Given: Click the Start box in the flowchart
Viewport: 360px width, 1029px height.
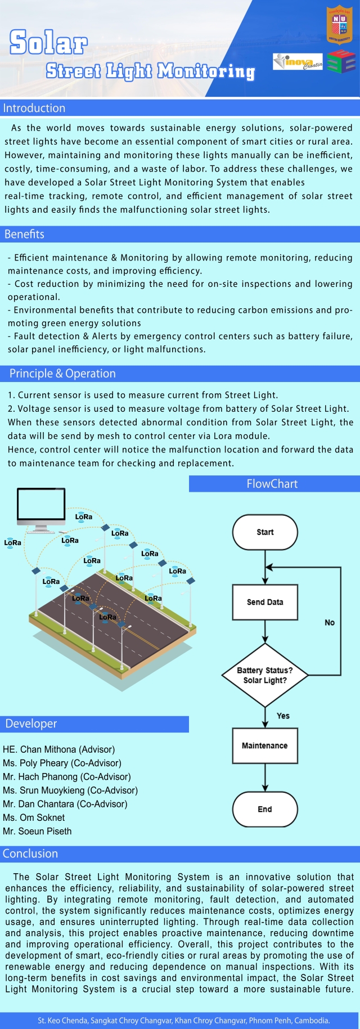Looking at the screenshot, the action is point(265,532).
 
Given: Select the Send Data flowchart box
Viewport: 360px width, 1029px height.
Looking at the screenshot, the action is point(265,602).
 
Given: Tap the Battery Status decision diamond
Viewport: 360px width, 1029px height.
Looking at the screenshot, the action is point(265,675).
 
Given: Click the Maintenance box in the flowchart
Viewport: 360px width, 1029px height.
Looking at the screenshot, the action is point(265,745).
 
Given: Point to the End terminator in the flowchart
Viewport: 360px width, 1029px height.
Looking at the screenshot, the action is point(265,809).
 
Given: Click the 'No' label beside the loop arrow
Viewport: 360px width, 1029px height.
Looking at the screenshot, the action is point(330,622).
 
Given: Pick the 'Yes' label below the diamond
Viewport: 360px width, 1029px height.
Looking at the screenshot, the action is point(283,716).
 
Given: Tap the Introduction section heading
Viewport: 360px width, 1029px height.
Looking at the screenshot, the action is point(34,108).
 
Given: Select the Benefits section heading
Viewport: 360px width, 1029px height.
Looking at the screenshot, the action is point(24,234).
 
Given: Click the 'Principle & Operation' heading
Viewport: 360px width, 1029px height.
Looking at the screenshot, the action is point(62,374).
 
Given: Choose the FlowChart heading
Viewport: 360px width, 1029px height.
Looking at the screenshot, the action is point(272,484).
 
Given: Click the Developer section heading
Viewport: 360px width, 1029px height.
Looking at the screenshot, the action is point(31,724).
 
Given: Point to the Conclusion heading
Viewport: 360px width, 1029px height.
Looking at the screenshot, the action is point(30,853).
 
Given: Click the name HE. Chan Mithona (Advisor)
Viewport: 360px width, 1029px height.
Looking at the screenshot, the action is point(59,749).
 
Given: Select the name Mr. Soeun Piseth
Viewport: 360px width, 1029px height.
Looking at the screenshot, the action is point(37,831).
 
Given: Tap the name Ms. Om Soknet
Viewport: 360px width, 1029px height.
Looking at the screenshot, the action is point(34,817).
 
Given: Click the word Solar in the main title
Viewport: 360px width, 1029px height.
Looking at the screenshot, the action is point(49,42).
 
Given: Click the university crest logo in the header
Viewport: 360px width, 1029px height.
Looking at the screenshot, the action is point(339,25).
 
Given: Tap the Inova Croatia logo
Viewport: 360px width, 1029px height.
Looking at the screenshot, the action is point(298,61).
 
